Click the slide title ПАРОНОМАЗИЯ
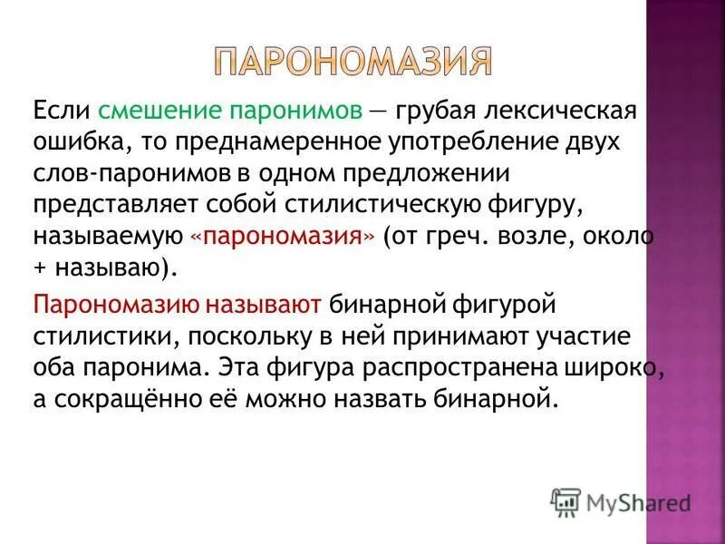tap(353, 62)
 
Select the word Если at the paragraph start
tap(62, 112)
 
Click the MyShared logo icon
tap(566, 500)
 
